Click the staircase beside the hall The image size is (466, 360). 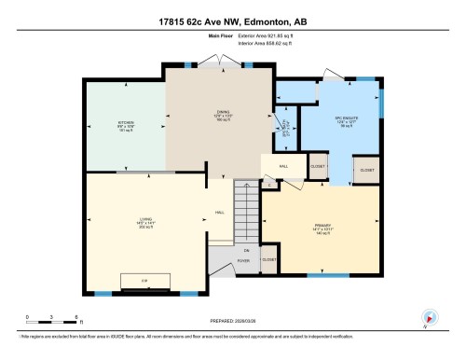(245, 214)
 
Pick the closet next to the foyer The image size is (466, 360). (269, 258)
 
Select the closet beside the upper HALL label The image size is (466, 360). (318, 163)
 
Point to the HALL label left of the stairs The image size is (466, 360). (219, 213)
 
